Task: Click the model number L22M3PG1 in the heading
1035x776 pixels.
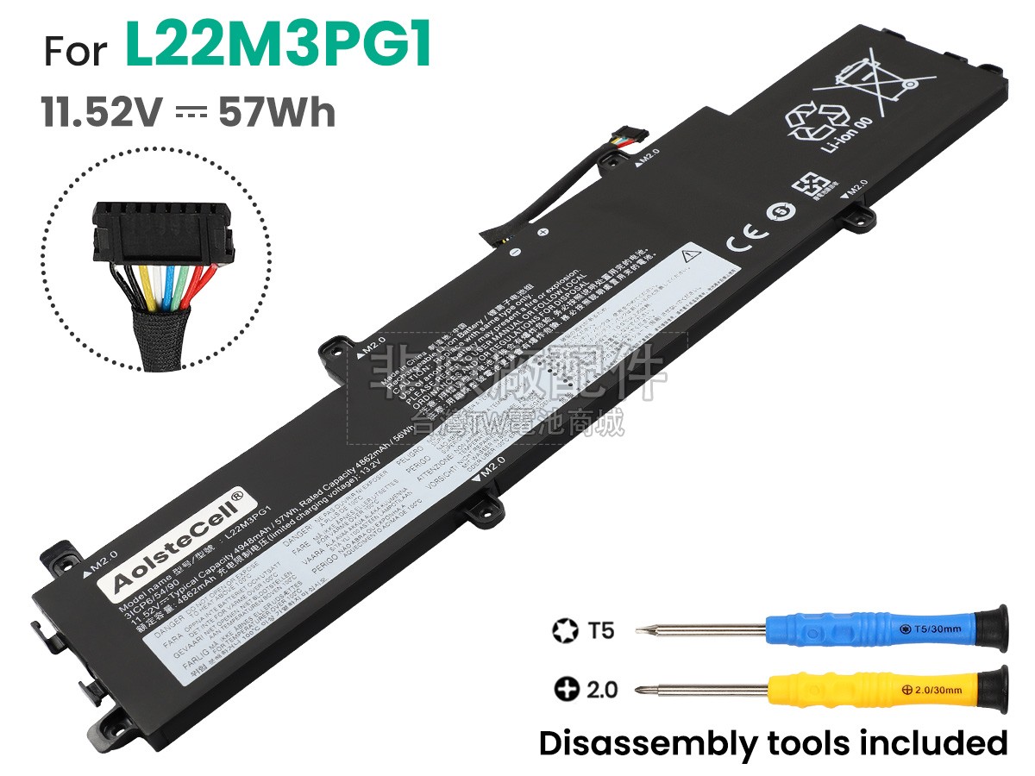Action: click(x=278, y=47)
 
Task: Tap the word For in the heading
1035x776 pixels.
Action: click(x=76, y=53)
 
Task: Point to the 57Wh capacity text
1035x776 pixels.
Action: click(x=277, y=113)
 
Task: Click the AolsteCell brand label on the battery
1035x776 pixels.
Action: click(x=179, y=540)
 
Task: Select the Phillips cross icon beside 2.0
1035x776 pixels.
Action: click(x=565, y=691)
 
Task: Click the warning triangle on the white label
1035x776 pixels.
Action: click(x=689, y=255)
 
